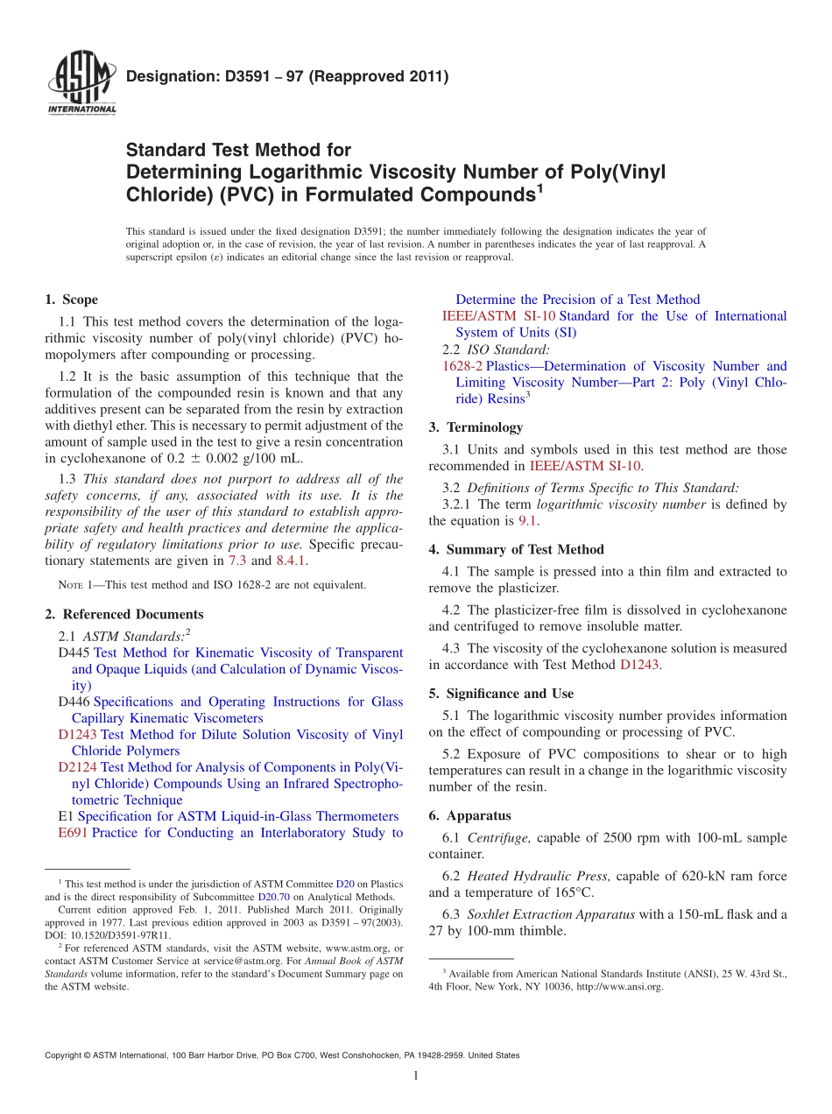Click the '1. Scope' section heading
point(71,300)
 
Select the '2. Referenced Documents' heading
point(123,614)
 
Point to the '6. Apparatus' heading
point(469,814)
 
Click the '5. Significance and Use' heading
point(501,694)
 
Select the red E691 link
point(73,833)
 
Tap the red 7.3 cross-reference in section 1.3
point(237,561)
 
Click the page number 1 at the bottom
point(416,1076)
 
